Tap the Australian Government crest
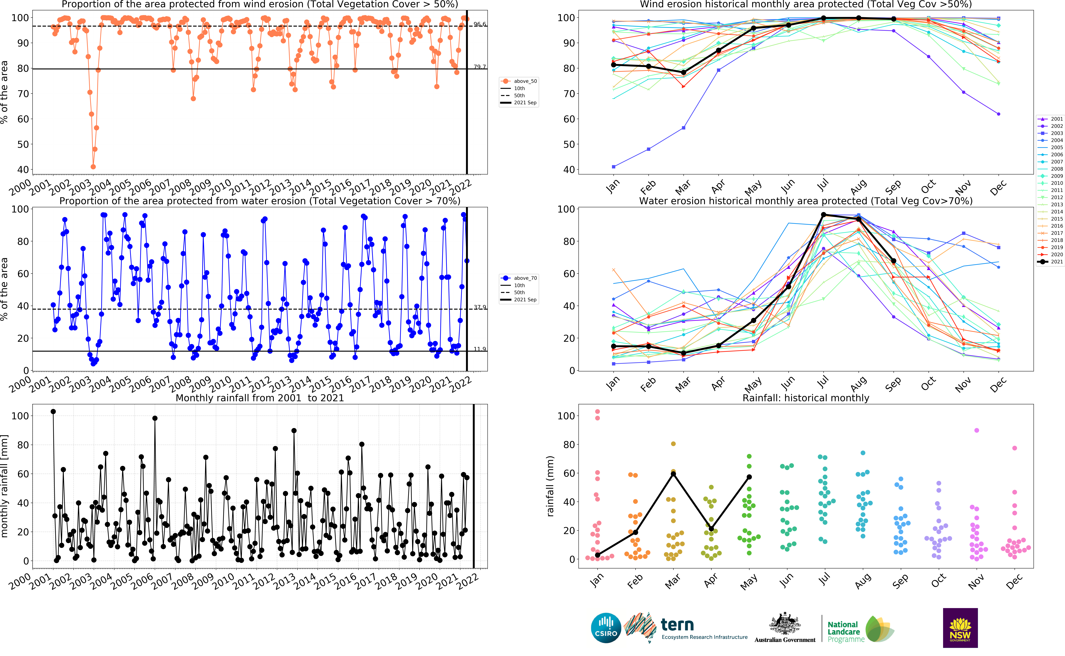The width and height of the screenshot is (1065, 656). [785, 623]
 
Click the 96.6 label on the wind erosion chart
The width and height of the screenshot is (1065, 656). [480, 24]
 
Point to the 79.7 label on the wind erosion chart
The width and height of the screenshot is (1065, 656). [480, 67]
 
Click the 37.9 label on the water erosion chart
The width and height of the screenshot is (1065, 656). [480, 307]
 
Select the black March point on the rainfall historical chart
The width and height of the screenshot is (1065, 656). [673, 474]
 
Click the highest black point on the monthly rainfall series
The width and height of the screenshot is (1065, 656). [53, 411]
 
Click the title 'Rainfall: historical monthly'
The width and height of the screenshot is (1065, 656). [806, 398]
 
